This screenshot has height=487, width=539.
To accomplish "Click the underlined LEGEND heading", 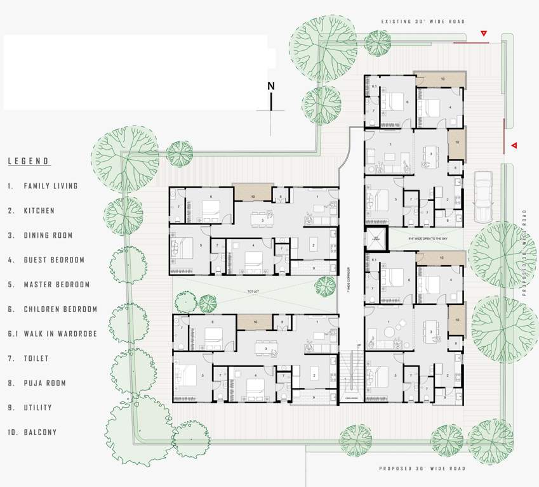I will (x=29, y=161).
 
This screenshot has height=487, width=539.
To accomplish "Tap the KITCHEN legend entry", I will (x=39, y=211).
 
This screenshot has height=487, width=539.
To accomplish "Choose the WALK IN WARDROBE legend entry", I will (x=60, y=334).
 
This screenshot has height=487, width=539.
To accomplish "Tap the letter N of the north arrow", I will (x=271, y=87).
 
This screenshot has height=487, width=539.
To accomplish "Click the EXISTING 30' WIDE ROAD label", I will (x=423, y=22).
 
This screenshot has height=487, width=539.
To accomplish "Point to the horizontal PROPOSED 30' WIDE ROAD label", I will (x=422, y=469).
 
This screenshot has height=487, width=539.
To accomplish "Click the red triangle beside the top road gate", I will (x=484, y=33).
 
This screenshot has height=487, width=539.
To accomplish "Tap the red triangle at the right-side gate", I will (x=514, y=146).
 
